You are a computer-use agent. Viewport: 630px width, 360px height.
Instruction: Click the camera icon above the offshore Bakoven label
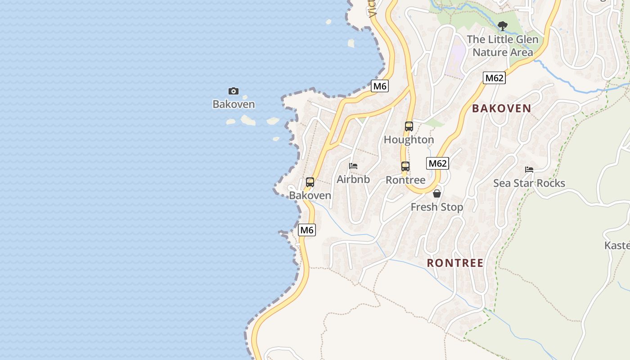point(233,91)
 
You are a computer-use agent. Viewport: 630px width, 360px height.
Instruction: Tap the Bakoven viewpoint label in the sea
point(234,104)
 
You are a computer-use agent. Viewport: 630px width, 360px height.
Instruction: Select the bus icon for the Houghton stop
point(409,126)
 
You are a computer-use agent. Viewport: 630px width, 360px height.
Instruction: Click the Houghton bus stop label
point(409,140)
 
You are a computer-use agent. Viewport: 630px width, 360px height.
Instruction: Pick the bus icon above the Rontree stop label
point(405,166)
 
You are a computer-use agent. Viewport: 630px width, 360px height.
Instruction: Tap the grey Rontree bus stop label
point(405,180)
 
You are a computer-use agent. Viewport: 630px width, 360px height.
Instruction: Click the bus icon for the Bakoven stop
point(310,182)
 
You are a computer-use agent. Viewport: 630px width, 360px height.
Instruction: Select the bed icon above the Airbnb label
point(353,166)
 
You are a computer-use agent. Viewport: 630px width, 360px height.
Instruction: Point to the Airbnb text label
point(353,180)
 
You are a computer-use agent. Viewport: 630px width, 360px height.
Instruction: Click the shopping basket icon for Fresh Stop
point(436,193)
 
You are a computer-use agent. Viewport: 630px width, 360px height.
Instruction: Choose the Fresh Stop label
point(436,207)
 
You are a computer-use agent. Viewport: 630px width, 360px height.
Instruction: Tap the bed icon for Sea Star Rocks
point(529,170)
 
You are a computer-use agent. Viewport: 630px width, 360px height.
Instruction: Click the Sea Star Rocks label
point(529,183)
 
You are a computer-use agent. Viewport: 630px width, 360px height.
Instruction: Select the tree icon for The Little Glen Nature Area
point(503,26)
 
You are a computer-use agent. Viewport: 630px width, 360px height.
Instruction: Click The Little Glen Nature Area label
point(503,46)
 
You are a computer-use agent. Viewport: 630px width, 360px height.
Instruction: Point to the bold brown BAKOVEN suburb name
point(501,108)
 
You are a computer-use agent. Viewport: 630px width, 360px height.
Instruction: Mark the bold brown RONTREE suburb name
point(455,263)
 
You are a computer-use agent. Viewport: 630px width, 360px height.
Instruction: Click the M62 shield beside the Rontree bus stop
point(437,163)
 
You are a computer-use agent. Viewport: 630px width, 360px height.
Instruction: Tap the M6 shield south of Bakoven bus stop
point(307,230)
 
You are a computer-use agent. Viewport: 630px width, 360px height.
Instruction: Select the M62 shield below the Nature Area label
point(495,78)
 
